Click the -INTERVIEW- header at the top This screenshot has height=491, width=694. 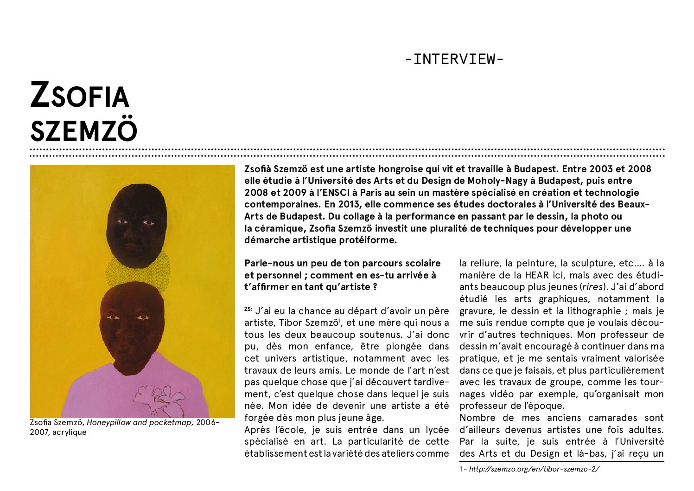454,59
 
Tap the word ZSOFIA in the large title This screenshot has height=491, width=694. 79,95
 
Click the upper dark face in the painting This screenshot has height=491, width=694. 137,225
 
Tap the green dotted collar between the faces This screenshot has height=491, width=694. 137,275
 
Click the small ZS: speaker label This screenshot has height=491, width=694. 248,309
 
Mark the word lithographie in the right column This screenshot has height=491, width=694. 591,311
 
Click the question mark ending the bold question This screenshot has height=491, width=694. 374,287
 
